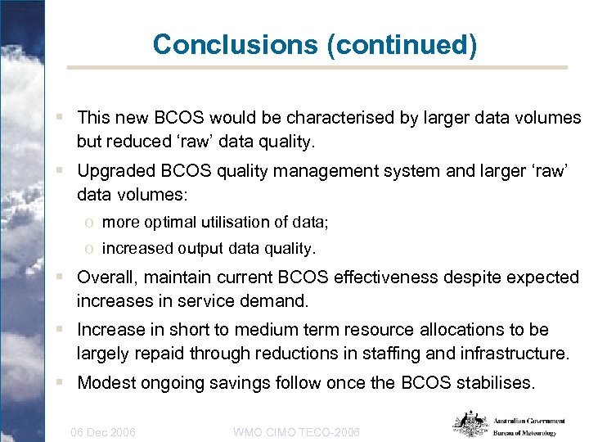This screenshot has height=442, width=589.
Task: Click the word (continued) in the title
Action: coord(402,44)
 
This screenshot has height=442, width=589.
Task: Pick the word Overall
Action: coord(106,277)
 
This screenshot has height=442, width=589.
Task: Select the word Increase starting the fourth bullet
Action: coord(110,330)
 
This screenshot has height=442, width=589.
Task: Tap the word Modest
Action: coord(106,383)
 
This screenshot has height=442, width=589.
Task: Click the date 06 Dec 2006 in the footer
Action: coord(103,431)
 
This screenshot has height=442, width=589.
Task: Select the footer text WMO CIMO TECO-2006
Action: coord(296,431)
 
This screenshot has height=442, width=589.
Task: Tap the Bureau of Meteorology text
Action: coord(524,433)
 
